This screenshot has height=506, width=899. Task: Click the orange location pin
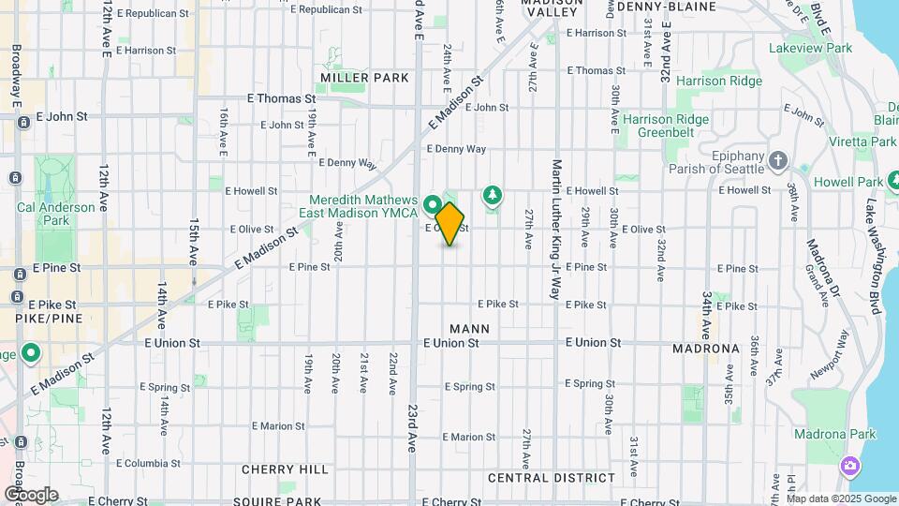coord(450,223)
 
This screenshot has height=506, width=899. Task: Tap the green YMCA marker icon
coord(433,203)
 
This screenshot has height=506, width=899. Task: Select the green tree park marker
coord(492,195)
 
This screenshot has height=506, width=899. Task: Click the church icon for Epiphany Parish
coord(777,161)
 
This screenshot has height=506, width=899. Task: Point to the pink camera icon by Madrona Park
coord(850,466)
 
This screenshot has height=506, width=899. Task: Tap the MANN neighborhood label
coord(469,328)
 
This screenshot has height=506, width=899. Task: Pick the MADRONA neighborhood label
coord(706,349)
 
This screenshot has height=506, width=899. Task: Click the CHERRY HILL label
coord(285,469)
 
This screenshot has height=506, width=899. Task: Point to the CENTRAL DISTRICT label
coord(552,477)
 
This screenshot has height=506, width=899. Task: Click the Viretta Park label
coord(862,141)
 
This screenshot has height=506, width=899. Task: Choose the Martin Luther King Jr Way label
coord(556,230)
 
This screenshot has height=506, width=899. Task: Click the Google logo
coord(31,494)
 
